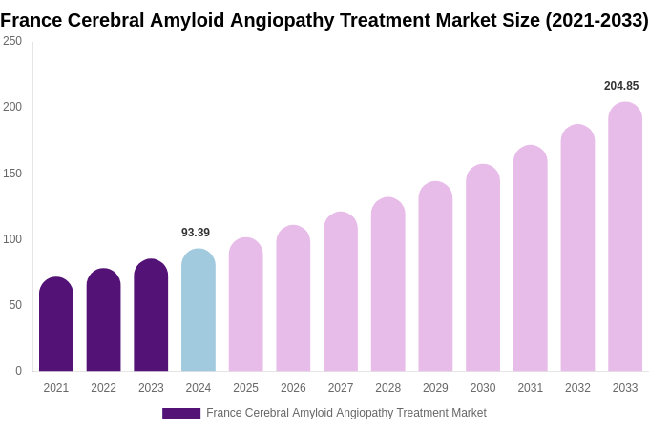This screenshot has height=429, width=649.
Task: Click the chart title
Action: tap(324, 20)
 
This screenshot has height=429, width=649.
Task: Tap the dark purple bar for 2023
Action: tap(151, 316)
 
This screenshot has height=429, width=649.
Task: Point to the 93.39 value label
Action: tap(196, 233)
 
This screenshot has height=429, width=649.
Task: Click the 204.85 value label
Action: tap(621, 86)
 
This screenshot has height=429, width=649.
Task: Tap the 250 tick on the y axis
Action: tap(12, 41)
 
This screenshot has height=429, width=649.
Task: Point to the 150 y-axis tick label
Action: tap(12, 174)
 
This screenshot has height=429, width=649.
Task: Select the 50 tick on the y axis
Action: tap(15, 305)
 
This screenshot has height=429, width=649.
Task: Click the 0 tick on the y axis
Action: tap(18, 371)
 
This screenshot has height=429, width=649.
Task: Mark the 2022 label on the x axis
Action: tap(103, 388)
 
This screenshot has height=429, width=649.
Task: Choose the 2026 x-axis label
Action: tap(293, 388)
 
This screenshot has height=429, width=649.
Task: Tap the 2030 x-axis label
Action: tap(483, 388)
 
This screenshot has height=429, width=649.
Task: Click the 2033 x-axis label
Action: tap(625, 388)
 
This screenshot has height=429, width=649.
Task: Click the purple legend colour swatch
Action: tap(181, 414)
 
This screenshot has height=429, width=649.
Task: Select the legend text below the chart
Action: tap(346, 413)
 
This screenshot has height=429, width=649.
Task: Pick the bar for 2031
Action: tap(531, 258)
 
